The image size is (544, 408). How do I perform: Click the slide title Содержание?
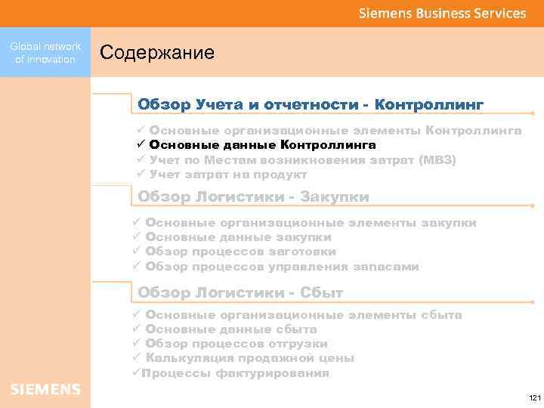click(157, 53)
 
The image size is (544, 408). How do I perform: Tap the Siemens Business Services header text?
click(442, 13)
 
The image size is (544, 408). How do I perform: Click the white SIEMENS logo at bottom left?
click(45, 389)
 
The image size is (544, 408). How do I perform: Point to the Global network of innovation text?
click(45, 53)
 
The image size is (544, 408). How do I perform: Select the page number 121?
click(535, 397)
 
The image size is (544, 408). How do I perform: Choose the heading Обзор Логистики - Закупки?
click(253, 197)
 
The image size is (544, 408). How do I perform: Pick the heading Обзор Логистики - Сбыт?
click(240, 292)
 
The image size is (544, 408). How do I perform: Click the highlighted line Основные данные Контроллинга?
click(262, 145)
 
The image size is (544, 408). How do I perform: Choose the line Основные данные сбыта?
click(230, 329)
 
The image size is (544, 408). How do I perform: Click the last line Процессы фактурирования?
click(235, 372)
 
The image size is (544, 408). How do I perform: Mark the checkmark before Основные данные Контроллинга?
click(140, 145)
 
